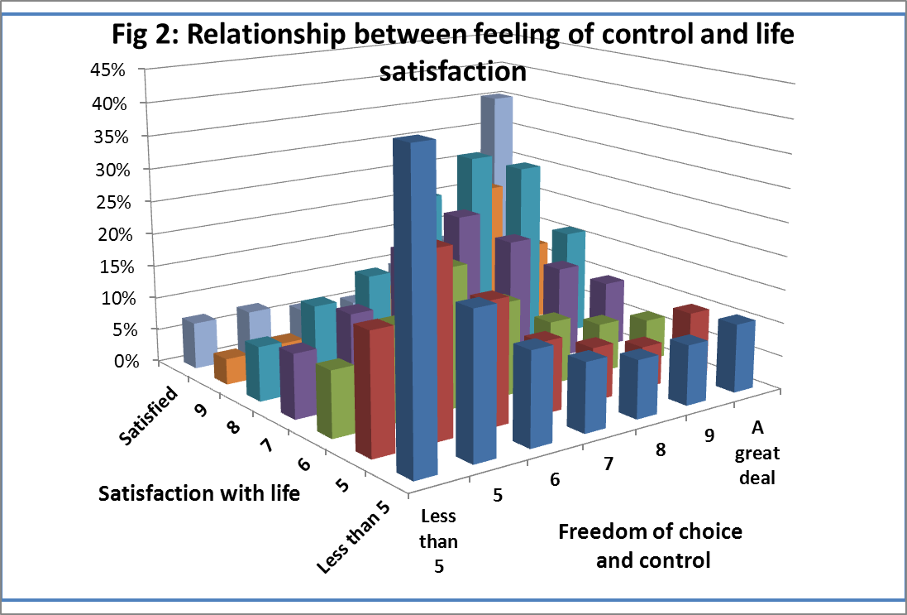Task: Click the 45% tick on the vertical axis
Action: pyautogui.click(x=107, y=70)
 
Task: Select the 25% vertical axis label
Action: pyautogui.click(x=107, y=202)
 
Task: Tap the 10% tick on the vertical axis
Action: pyautogui.click(x=107, y=298)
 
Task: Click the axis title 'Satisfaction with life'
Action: pyautogui.click(x=198, y=494)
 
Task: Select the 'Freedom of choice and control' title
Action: pyautogui.click(x=651, y=545)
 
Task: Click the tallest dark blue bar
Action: pyautogui.click(x=415, y=306)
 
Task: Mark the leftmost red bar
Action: pyautogui.click(x=372, y=389)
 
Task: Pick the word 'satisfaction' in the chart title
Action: pyautogui.click(x=452, y=72)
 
